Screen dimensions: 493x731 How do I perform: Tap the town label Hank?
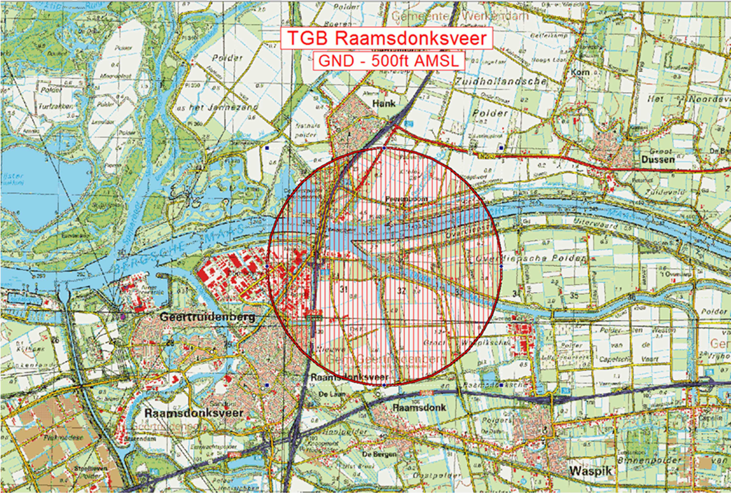(383, 103)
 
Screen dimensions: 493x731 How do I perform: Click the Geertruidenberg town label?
(207, 317)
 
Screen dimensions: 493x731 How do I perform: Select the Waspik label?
(590, 471)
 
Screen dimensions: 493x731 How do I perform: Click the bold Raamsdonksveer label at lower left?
(193, 413)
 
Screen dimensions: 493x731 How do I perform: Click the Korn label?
(580, 72)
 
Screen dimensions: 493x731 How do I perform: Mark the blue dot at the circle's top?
(384, 148)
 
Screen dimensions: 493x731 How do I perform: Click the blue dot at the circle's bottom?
(384, 385)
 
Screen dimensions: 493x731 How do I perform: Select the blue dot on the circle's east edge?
(501, 267)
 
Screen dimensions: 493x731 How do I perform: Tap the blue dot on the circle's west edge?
(267, 267)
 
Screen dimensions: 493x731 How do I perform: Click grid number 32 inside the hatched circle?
(401, 291)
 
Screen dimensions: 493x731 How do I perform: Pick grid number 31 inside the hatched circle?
(343, 289)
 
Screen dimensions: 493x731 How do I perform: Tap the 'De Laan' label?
(329, 394)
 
